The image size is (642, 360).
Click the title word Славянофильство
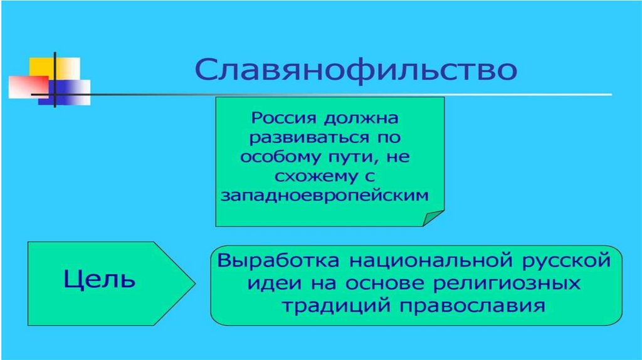coord(355,70)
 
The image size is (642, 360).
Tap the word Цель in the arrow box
coord(99,278)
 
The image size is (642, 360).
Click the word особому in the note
coord(276,157)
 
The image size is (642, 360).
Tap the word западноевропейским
coord(325,196)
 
